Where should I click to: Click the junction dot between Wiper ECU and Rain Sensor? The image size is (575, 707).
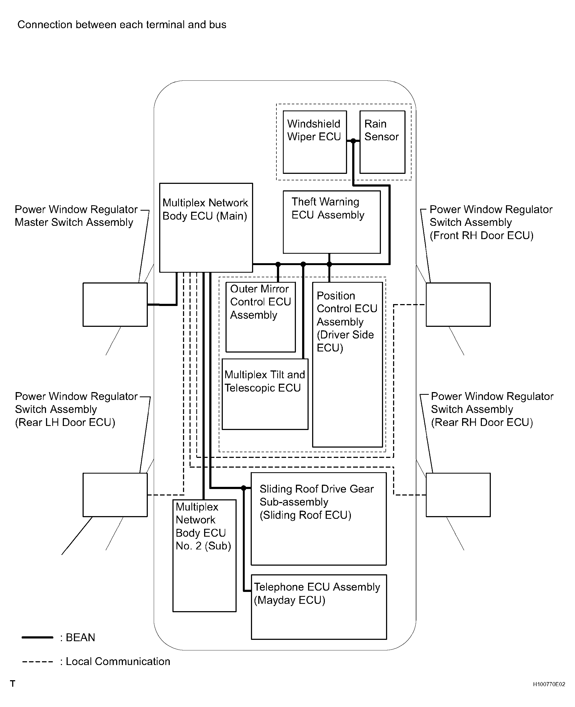pos(353,141)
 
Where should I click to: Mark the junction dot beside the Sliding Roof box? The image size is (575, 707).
pos(244,488)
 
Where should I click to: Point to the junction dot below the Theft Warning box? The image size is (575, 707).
pos(329,264)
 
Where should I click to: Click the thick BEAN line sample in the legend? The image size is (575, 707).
pos(37,637)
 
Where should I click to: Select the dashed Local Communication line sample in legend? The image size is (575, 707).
pos(37,662)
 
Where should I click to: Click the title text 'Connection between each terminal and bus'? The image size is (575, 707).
pos(122,25)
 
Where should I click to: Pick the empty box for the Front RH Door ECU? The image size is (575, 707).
pos(458,304)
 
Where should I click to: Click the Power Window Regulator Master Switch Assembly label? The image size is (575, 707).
pos(76,216)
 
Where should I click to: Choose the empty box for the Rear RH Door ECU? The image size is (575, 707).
pos(458,495)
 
